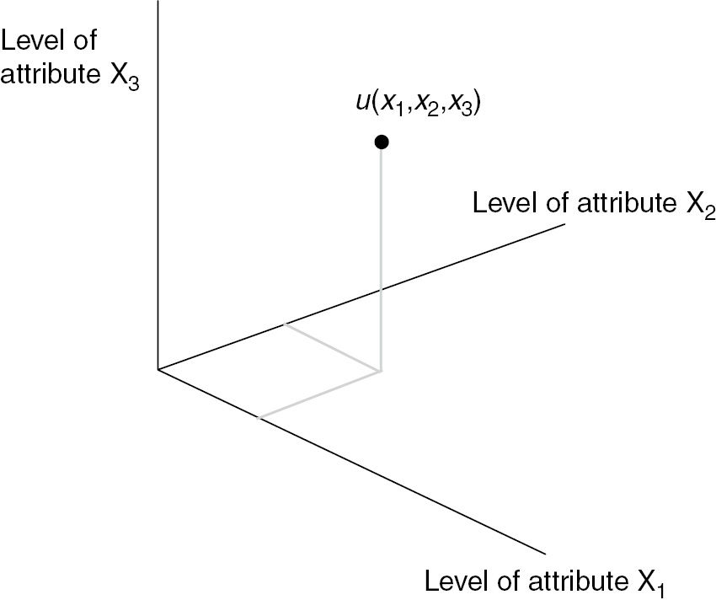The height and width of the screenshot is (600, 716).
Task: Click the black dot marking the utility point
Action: [382, 142]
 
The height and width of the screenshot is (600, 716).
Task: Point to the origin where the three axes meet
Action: [158, 369]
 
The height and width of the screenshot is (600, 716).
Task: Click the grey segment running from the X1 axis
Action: [320, 394]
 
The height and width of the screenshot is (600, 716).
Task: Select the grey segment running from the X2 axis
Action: [332, 346]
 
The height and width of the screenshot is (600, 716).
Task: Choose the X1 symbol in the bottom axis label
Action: [646, 582]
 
